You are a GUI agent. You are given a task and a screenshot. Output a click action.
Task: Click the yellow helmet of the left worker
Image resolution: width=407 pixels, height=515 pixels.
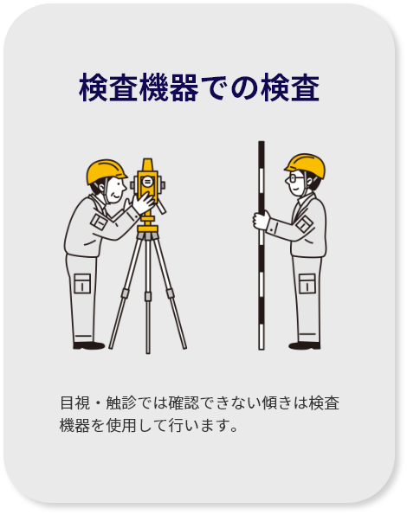click(105, 171)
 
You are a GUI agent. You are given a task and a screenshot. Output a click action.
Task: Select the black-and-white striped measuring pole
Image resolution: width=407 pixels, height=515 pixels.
click(262, 245)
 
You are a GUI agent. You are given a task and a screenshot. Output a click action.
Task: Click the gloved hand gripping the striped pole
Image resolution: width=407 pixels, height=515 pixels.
click(261, 220)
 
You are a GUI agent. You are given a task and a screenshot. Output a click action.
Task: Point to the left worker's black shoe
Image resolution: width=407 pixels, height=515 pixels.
click(88, 344)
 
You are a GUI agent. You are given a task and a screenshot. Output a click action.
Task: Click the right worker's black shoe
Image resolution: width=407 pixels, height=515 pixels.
click(305, 345)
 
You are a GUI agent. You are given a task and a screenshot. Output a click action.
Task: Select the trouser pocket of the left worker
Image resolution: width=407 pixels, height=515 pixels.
click(82, 283)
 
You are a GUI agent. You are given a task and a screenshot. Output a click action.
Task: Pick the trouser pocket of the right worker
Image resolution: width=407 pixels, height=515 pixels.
click(307, 283)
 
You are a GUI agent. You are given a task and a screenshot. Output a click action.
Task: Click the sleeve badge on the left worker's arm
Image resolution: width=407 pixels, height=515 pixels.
click(99, 221)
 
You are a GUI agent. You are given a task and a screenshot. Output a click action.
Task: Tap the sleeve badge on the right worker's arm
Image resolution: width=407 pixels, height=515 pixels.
click(304, 224)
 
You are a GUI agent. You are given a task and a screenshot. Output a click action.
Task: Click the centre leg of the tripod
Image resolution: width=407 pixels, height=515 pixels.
click(148, 296)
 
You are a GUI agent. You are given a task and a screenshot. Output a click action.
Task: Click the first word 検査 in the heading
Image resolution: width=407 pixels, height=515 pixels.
click(108, 87)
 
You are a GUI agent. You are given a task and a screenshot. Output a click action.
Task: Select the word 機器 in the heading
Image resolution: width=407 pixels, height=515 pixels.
click(169, 87)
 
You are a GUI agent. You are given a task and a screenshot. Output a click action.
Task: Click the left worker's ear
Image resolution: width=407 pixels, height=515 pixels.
click(102, 187)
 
